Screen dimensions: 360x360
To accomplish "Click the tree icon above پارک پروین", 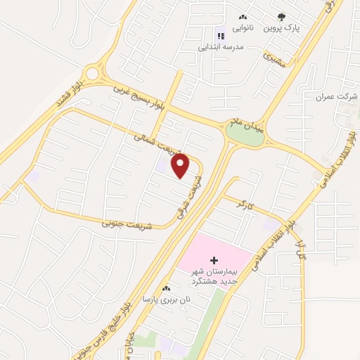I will [x=282, y=17].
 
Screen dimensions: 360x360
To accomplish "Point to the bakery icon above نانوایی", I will [x=243, y=17].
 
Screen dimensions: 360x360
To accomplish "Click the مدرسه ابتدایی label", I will [x=223, y=46].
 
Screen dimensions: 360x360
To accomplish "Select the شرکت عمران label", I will [x=333, y=96].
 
